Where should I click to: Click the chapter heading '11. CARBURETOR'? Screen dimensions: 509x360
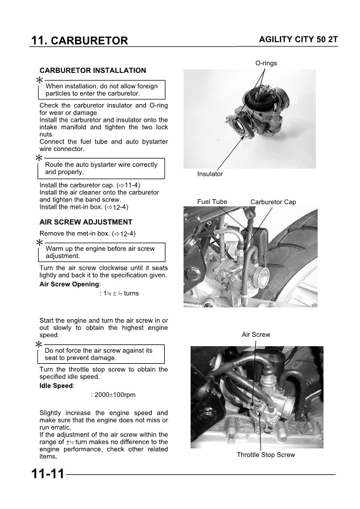tap(79, 41)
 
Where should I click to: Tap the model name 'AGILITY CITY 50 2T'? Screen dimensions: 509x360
tap(297, 39)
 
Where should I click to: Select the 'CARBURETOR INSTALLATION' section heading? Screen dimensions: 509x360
tap(92, 71)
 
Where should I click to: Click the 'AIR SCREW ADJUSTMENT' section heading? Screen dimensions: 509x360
tap(86, 222)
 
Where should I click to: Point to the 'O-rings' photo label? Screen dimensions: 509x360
tap(266, 63)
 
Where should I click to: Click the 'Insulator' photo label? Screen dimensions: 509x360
tap(210, 175)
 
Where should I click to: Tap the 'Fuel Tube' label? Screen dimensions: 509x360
tap(212, 202)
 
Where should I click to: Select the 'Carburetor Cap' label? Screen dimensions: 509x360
tap(273, 202)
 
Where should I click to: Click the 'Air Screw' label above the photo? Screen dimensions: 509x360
tap(256, 334)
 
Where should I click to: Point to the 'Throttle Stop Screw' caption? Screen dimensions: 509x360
tap(266, 455)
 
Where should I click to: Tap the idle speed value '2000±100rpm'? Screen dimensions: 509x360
tap(114, 395)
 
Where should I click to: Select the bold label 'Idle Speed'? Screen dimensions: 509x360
tap(56, 386)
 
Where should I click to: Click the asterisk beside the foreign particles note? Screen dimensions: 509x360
tap(39, 80)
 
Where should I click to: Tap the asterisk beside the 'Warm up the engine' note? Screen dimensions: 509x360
tap(39, 243)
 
